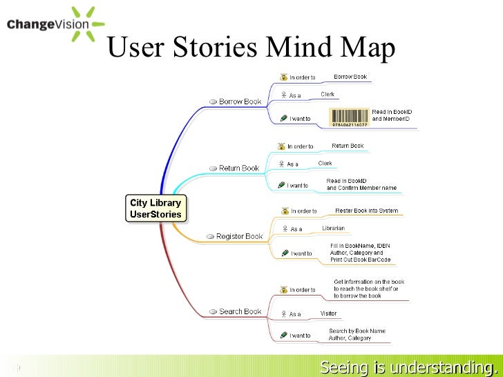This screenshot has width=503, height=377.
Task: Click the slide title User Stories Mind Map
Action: coord(252,48)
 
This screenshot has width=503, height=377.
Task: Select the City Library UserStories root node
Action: coord(155,209)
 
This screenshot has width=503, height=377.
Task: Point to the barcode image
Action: coord(350,117)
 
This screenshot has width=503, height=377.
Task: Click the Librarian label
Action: coord(333,228)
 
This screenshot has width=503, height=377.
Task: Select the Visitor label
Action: coord(328,313)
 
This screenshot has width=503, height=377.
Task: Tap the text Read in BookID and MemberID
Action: coord(391,115)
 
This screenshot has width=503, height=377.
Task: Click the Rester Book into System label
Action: coord(366,211)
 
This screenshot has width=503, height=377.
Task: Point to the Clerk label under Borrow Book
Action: coord(328,94)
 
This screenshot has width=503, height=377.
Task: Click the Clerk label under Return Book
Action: coord(325,163)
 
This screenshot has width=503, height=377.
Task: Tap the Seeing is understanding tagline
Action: coord(409,366)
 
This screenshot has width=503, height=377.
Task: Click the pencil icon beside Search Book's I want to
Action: coord(283,335)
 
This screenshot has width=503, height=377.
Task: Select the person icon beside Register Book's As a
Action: coord(284,229)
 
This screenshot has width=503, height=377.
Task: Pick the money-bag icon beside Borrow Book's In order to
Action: coord(283,77)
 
